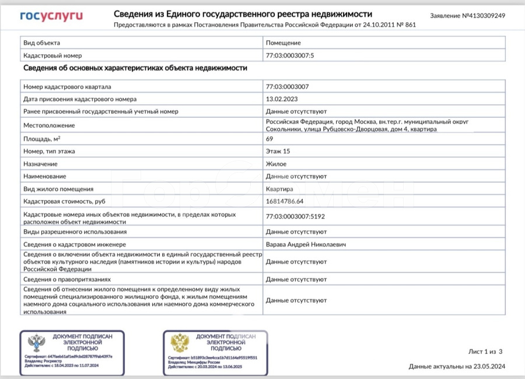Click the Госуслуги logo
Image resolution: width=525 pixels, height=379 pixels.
pos(51,16)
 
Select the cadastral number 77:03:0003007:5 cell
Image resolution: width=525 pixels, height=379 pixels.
pos(289,55)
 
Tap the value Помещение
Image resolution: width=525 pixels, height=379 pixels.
pos(283,43)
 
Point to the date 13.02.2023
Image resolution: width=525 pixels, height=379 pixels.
pos(282,99)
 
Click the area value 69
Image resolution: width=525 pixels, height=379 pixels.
pos(269,139)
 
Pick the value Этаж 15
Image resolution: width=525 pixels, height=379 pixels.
pos(278,152)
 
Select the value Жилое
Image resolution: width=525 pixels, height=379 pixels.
pos(276,164)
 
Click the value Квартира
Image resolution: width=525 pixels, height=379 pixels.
pos(281,189)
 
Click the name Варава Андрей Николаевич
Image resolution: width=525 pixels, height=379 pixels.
pos(305,244)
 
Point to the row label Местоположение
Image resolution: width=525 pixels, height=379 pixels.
pos(49,125)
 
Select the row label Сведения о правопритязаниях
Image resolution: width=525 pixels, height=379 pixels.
pos(66,279)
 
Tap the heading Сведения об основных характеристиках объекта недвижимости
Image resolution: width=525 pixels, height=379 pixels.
pos(135,68)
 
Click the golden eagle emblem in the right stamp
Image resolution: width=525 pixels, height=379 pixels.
pos(180,343)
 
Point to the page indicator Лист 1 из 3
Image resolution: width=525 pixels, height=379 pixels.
pos(485,352)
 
